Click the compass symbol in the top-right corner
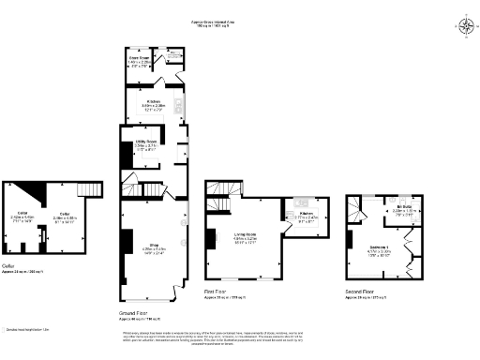coord(466,25)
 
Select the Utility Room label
coord(145,144)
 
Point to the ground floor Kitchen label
coord(154,104)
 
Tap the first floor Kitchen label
coord(307,216)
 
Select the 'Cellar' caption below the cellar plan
coord(8,265)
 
